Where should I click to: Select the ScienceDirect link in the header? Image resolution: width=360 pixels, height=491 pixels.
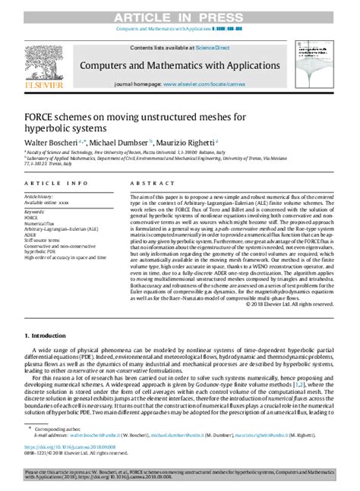(215, 48)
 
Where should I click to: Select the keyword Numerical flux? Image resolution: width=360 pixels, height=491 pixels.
(39, 221)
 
